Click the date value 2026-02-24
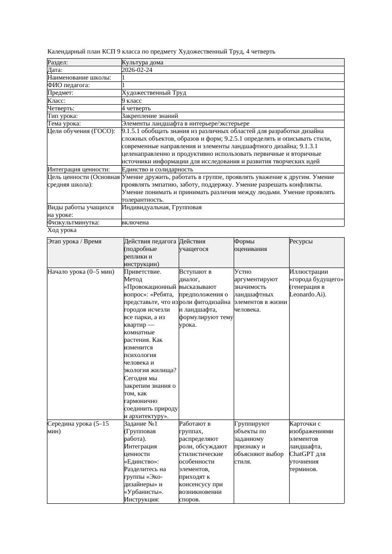pos(137,70)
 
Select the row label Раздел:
pos(58,63)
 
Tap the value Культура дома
pos(143,63)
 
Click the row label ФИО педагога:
pos(69,85)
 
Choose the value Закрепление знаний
pos(150,116)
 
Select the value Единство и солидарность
pos(157,170)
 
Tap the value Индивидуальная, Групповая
pos(162,207)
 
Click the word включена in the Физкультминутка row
pos(135,223)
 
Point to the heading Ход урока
pos(62,230)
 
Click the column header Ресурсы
pos(301,241)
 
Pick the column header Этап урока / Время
pos(74,241)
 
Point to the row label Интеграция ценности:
pos(79,170)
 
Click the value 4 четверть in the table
pos(136,108)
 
